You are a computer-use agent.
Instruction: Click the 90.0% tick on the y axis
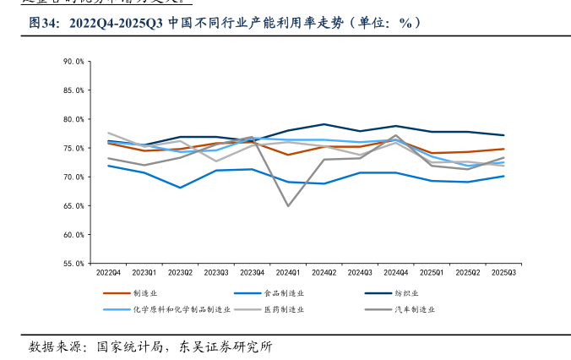(x=73, y=62)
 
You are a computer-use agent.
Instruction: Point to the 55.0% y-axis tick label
(x=73, y=264)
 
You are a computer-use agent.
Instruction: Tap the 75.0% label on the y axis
(x=73, y=148)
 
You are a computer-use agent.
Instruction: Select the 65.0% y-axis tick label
(x=73, y=206)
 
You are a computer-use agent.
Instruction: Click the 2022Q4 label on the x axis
(x=108, y=273)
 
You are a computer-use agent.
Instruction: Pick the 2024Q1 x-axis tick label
(x=288, y=273)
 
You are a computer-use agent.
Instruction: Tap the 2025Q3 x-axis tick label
(x=504, y=273)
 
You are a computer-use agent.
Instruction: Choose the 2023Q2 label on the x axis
(x=180, y=273)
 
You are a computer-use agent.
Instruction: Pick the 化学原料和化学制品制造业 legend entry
(x=182, y=309)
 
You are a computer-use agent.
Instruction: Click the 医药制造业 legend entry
(x=283, y=309)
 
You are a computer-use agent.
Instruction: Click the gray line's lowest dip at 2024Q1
(x=288, y=205)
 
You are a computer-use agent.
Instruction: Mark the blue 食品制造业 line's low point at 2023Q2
(x=180, y=188)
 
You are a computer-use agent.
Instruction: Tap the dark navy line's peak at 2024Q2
(x=324, y=124)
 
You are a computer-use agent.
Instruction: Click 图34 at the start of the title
(x=43, y=24)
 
